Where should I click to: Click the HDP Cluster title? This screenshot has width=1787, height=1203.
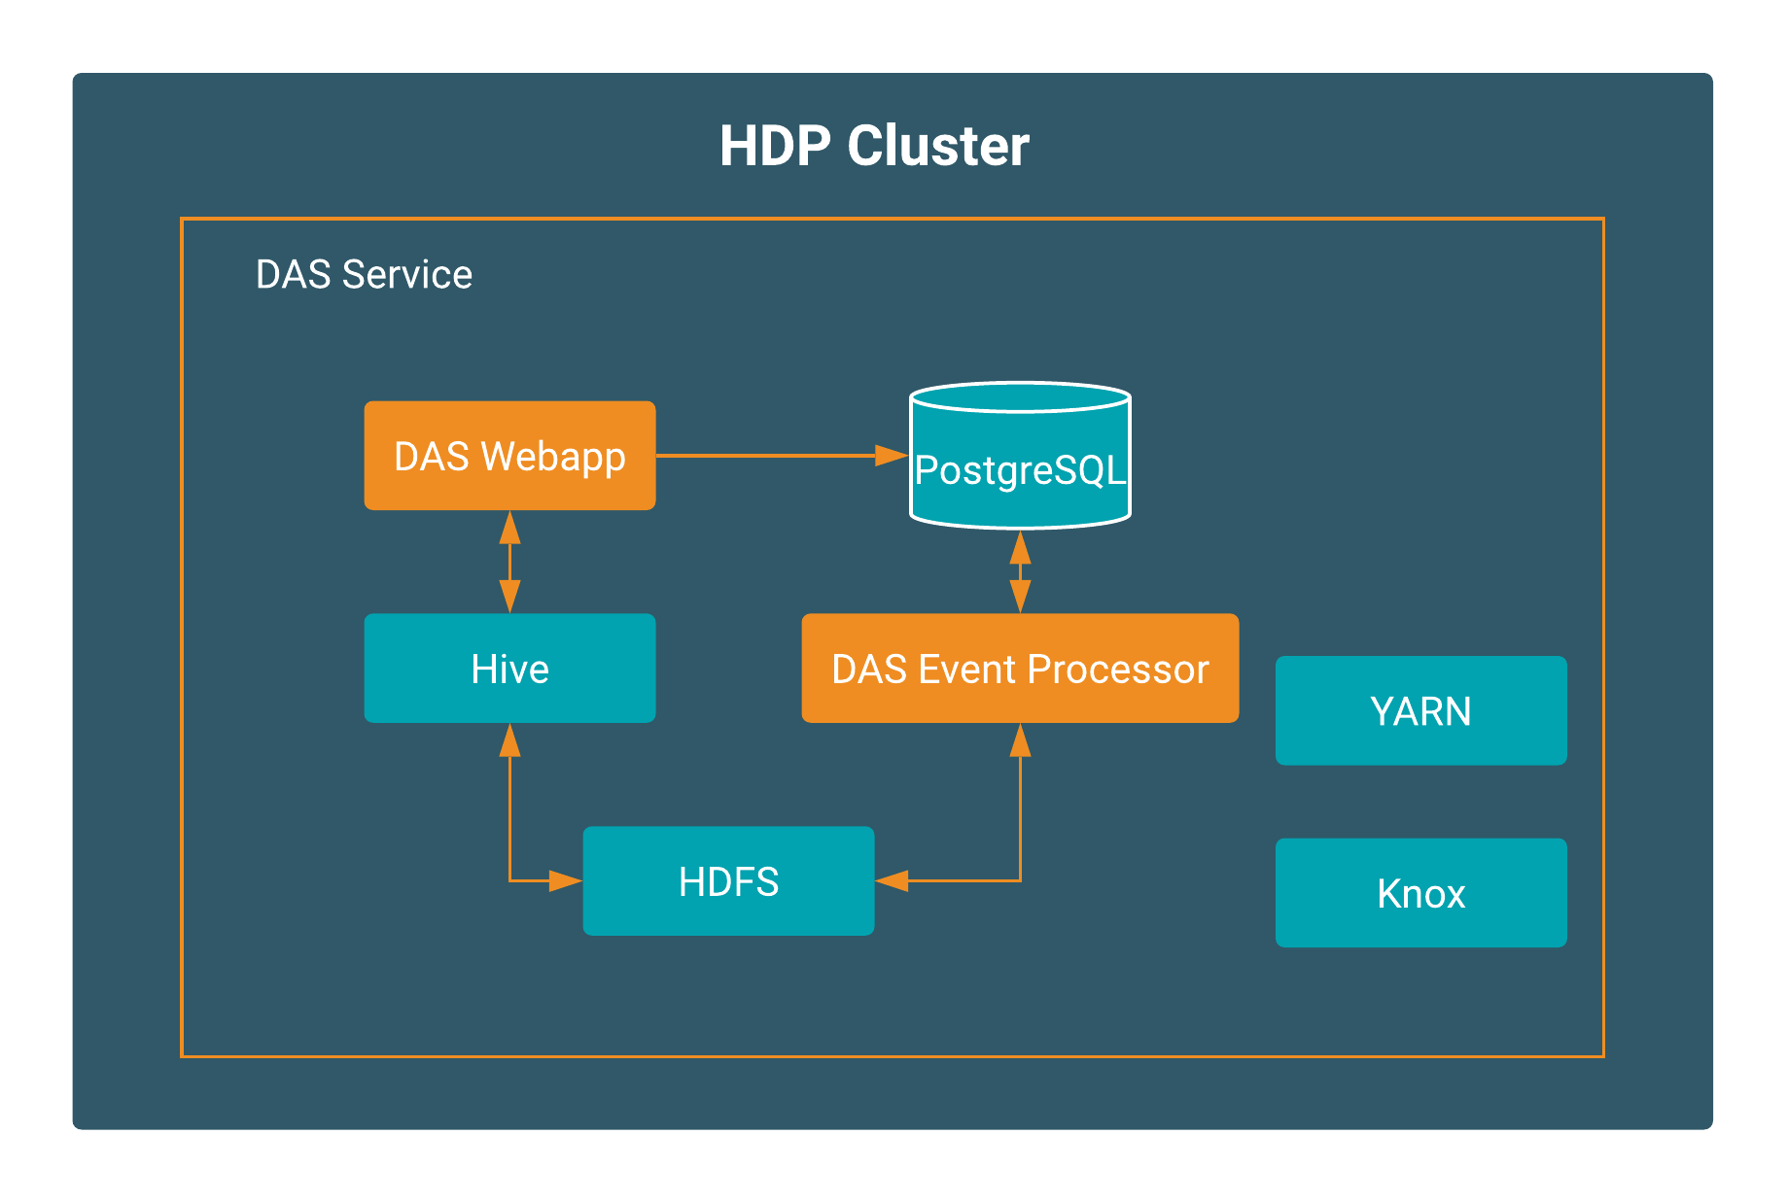point(874,146)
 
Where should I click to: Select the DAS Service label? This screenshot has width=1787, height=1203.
point(364,275)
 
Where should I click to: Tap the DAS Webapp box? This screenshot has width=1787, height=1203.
point(509,456)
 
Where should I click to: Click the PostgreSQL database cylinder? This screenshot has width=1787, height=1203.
point(1020,456)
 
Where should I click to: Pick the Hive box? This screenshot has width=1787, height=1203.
point(509,669)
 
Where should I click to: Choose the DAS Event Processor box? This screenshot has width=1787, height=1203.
point(1020,669)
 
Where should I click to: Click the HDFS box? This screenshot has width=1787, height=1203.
point(728,881)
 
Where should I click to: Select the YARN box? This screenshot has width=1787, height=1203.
point(1420,711)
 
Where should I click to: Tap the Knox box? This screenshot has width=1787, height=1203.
point(1420,893)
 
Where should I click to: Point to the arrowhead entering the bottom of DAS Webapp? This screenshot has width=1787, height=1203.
point(509,528)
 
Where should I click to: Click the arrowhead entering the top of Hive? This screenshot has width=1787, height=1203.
point(509,596)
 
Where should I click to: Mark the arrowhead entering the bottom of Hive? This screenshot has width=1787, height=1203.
point(509,740)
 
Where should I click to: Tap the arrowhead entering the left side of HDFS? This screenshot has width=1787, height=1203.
point(566,881)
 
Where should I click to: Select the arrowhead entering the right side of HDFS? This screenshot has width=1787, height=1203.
point(892,881)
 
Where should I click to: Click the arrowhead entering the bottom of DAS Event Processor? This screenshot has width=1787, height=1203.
point(1020,740)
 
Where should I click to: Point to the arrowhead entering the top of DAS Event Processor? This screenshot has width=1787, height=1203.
point(1020,596)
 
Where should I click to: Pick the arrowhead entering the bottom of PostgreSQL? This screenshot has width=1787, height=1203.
point(1020,547)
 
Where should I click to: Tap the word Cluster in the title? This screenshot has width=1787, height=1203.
point(938,146)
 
